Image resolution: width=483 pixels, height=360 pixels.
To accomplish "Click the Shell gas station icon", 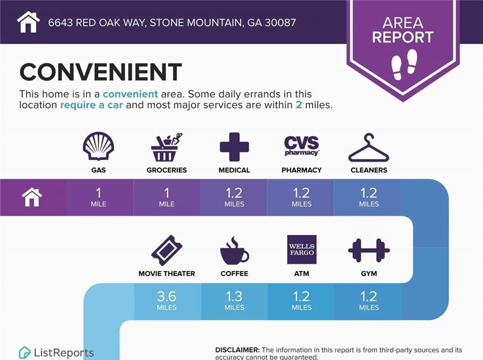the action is click(99, 146).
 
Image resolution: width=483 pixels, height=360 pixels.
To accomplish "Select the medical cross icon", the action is click(234, 147).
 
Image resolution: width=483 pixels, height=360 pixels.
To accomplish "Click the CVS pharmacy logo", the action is click(301, 146).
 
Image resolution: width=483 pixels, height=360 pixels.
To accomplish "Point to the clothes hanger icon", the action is click(369, 148).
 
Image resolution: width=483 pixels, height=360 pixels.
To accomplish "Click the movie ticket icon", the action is click(167, 250).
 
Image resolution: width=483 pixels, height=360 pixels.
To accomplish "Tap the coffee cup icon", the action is click(234, 251).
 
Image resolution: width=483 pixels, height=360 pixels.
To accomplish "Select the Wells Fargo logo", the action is click(301, 249).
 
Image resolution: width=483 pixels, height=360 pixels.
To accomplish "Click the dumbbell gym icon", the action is click(369, 250).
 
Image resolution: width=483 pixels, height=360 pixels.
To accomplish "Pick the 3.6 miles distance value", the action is click(167, 300).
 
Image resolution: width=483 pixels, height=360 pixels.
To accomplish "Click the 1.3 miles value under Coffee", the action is click(234, 300).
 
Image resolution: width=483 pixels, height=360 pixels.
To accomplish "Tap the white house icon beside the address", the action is click(28, 22).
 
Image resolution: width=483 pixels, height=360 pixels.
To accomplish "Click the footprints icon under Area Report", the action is click(404, 65).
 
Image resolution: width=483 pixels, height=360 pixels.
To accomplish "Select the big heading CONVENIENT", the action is click(101, 72).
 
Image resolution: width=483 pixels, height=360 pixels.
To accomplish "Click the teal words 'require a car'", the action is click(91, 105).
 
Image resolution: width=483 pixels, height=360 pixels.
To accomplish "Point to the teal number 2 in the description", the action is click(299, 105).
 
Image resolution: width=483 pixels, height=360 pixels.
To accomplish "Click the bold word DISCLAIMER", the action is click(237, 350).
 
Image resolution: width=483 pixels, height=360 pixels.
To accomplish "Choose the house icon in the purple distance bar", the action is click(32, 197).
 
